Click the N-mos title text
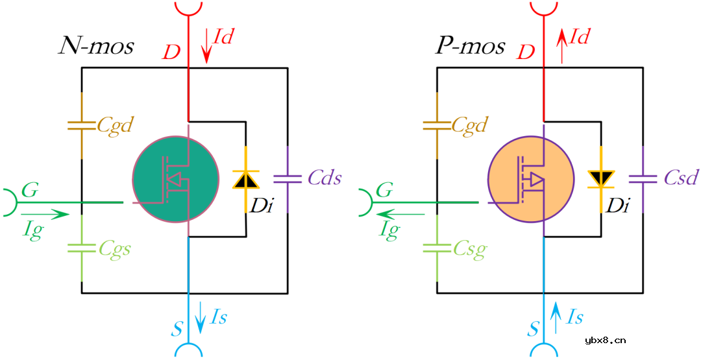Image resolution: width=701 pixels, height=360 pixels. [x=97, y=46]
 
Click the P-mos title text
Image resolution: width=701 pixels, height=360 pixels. [x=469, y=46]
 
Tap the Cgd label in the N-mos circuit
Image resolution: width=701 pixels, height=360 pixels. [x=115, y=125]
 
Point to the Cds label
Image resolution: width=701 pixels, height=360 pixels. [x=324, y=178]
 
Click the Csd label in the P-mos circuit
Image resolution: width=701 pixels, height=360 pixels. [x=680, y=178]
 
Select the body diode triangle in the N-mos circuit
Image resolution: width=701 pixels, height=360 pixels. [x=245, y=180]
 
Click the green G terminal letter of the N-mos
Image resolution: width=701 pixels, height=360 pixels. [x=30, y=190]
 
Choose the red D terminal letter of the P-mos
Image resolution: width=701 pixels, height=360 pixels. [x=526, y=52]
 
